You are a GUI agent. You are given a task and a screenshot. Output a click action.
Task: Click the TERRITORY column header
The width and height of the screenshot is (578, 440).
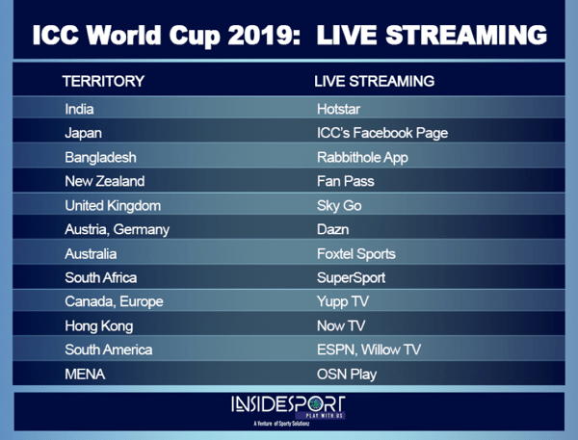pos(103,81)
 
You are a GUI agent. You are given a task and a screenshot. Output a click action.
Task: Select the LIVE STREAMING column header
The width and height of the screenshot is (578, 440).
pos(374,81)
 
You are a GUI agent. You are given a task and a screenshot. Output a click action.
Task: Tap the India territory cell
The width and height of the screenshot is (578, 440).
pos(79,109)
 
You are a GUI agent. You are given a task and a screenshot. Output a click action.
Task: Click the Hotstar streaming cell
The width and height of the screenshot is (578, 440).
pos(338,109)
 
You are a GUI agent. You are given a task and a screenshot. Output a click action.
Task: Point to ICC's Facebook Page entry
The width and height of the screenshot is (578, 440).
pos(382,133)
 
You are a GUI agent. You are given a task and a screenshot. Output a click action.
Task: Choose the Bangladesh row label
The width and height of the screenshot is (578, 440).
pos(100,157)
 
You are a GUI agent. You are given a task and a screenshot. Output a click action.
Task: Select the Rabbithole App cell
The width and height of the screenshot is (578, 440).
pos(362,157)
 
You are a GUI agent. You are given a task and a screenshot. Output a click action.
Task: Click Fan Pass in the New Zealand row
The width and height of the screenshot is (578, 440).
pos(346,181)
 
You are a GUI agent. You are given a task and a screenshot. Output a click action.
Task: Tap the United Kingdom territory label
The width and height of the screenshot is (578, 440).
pos(113,206)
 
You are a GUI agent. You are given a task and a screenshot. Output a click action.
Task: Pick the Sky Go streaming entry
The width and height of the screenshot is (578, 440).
pos(339,206)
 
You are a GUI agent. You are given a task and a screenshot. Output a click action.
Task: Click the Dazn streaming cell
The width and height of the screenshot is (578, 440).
pos(333,229)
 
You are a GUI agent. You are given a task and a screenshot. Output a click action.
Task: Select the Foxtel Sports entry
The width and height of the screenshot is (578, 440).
pos(356,254)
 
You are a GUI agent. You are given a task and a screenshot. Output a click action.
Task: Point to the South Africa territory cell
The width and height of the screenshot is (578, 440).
pos(100,278)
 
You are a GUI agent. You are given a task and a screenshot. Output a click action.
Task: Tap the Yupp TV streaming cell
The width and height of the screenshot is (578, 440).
pos(343,301)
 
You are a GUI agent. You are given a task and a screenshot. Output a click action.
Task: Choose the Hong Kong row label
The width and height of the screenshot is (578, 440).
pos(99,326)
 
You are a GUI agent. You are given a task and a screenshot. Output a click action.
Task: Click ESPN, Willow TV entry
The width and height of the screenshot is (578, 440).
pos(369,349)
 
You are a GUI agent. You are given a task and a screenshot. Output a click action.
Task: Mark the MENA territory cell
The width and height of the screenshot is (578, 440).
pos(85,375)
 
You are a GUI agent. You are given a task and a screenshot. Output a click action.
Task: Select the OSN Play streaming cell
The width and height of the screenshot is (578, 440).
pos(347,375)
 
